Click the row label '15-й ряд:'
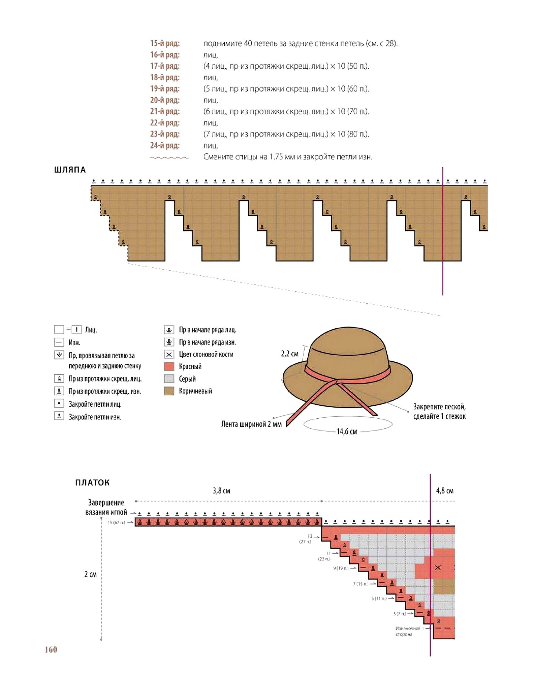(165, 43)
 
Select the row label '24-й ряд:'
(165, 145)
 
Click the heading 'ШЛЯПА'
(70, 170)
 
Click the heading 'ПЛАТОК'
(92, 482)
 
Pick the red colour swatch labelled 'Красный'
(169, 367)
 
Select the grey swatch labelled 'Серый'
(169, 379)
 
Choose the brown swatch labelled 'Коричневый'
(169, 391)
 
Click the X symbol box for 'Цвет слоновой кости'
(169, 354)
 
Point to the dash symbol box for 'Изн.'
(59, 342)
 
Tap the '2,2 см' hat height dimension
(289, 354)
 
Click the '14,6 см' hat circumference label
(347, 431)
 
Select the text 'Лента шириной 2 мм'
(251, 424)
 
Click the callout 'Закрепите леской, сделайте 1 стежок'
(439, 411)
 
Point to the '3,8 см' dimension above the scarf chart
(221, 491)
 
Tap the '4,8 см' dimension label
(445, 491)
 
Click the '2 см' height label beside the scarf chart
(90, 574)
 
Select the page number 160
(51, 649)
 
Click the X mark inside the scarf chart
(438, 568)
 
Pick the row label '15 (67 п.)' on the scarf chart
(116, 522)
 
